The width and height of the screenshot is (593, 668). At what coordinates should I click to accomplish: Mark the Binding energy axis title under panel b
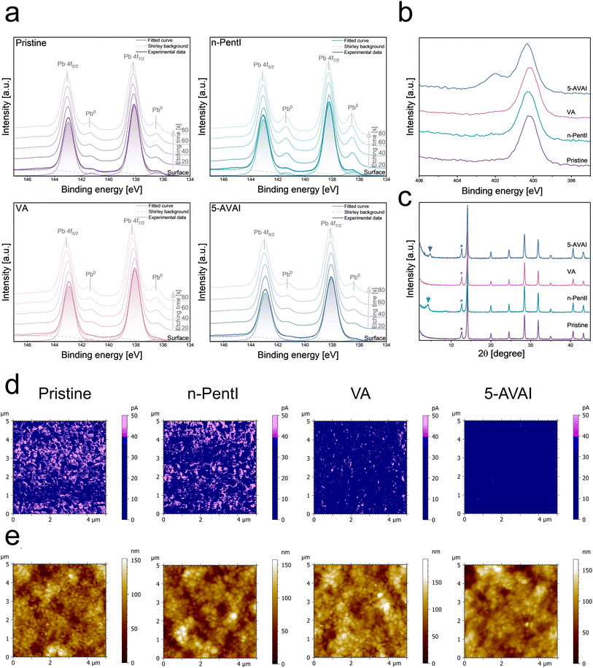[x=503, y=192]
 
